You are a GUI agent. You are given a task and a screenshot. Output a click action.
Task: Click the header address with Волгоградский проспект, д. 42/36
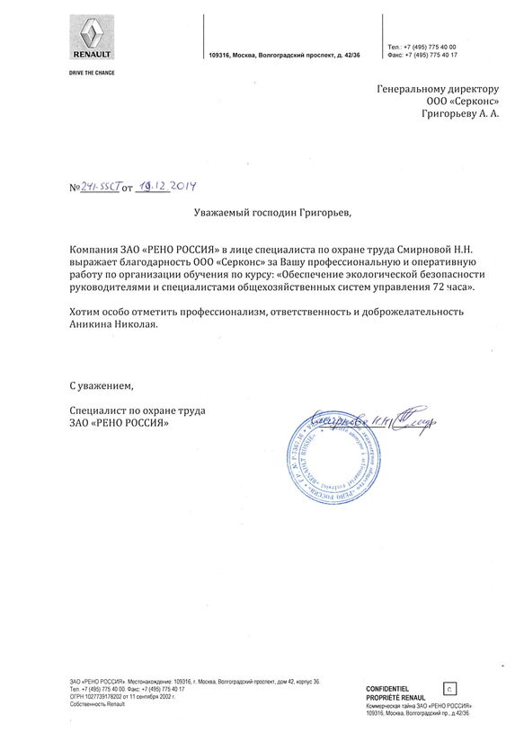click(x=283, y=55)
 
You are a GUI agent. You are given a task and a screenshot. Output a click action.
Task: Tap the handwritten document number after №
click(x=100, y=187)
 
